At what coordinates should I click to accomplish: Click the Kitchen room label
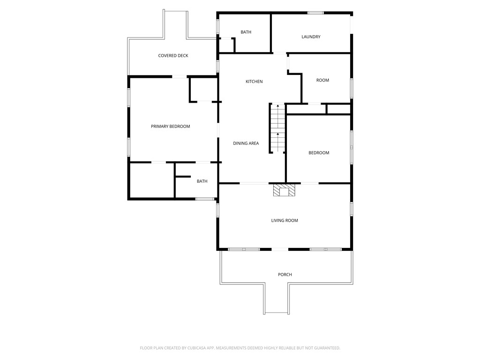(254, 82)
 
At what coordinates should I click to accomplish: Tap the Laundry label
(311, 37)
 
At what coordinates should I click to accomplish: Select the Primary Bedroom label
(170, 127)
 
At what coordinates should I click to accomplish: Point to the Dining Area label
(246, 143)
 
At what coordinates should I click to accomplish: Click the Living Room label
(285, 220)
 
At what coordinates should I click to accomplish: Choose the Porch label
(285, 275)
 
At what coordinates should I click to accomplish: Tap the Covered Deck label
(173, 56)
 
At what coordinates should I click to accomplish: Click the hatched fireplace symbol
(285, 190)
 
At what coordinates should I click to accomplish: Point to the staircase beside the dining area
(277, 128)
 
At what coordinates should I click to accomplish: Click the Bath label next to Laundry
(246, 32)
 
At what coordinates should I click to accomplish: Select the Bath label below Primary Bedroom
(202, 181)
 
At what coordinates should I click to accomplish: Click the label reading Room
(322, 80)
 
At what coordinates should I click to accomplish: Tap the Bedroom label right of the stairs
(319, 153)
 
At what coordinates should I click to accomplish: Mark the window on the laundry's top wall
(315, 13)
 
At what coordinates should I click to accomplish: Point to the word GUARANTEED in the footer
(325, 348)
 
